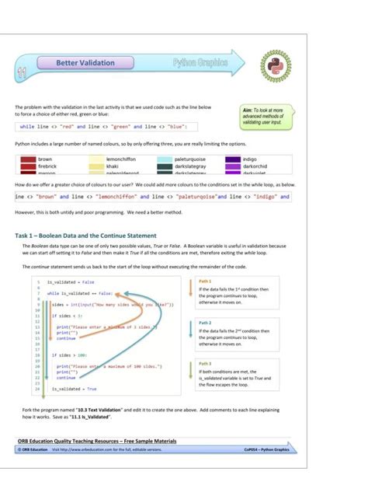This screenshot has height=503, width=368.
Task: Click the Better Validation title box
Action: [x=85, y=62]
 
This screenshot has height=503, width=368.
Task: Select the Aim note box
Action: [x=267, y=116]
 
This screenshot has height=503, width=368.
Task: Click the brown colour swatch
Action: [x=25, y=159]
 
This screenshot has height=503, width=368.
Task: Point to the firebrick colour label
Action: [x=47, y=166]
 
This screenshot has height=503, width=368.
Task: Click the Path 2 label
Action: [x=205, y=322]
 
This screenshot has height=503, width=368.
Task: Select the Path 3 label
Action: [x=205, y=363]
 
